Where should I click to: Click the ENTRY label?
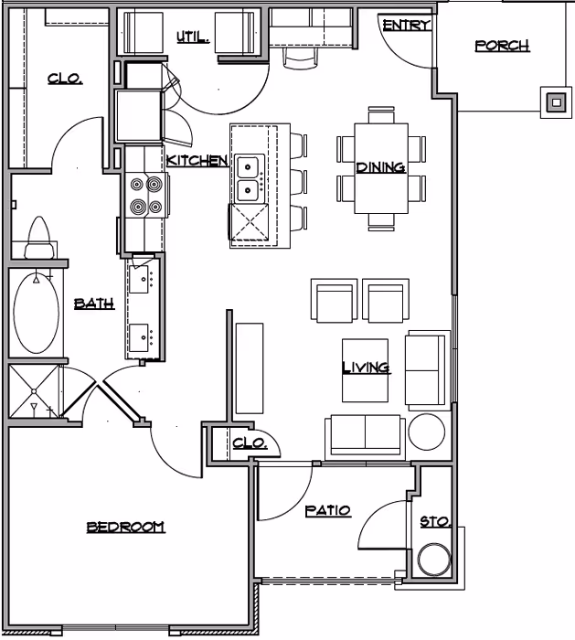(406, 26)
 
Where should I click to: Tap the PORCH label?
(502, 46)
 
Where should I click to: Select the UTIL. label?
(193, 37)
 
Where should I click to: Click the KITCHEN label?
(197, 161)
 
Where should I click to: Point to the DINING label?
(380, 167)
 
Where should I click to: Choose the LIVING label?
(366, 368)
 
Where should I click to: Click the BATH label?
(93, 304)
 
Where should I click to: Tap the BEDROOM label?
(125, 527)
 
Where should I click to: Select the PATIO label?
(327, 511)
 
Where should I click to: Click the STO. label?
(435, 522)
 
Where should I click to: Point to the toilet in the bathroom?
(38, 239)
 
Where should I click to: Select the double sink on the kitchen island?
(248, 178)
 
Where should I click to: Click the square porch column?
(555, 102)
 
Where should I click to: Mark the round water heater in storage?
(433, 560)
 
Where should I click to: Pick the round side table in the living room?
(426, 432)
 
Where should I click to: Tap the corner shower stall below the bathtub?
(35, 390)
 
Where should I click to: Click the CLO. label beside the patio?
(249, 443)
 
